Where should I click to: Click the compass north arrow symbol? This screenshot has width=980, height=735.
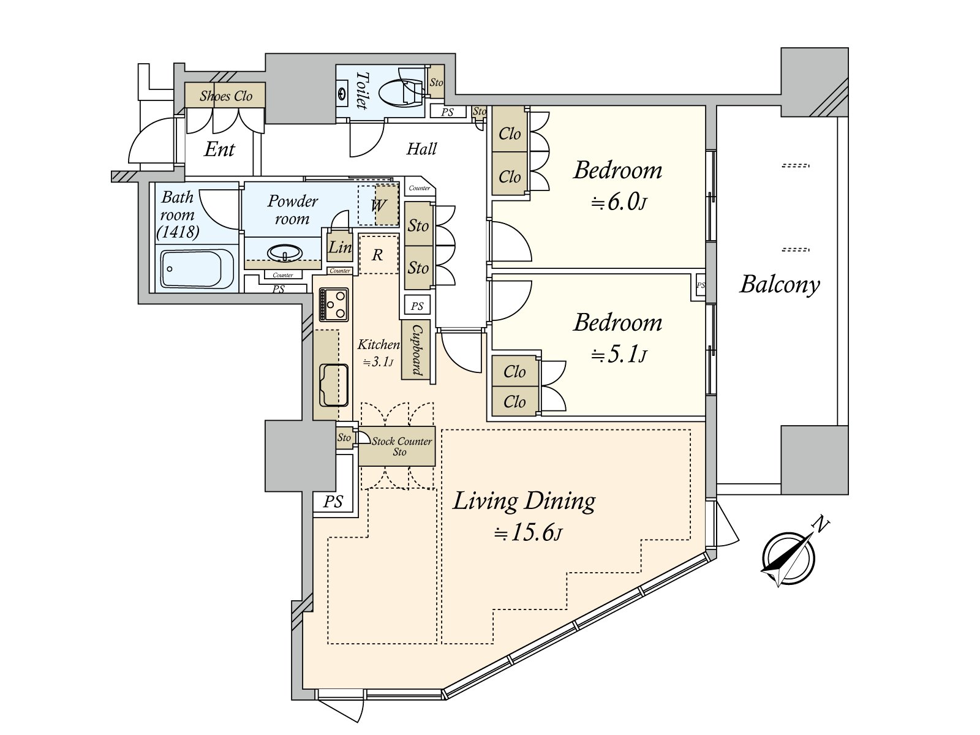pyautogui.click(x=789, y=557)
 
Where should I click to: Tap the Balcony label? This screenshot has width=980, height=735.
pyautogui.click(x=779, y=284)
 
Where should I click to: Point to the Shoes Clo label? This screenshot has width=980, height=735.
pyautogui.click(x=226, y=96)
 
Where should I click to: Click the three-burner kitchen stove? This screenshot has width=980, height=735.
pyautogui.click(x=334, y=304)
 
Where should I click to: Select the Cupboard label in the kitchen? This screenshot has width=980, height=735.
pyautogui.click(x=417, y=350)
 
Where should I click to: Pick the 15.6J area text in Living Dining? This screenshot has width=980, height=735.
pyautogui.click(x=529, y=533)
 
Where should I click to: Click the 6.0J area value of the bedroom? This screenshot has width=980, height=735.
pyautogui.click(x=619, y=202)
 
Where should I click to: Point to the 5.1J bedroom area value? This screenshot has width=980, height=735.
pyautogui.click(x=619, y=355)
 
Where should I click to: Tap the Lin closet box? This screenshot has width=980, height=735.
pyautogui.click(x=339, y=247)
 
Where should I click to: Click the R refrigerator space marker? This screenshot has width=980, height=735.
pyautogui.click(x=377, y=255)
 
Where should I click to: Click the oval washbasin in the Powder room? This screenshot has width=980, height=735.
pyautogui.click(x=284, y=253)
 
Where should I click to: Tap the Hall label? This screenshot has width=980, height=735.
pyautogui.click(x=421, y=149)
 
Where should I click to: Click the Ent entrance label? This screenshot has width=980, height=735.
pyautogui.click(x=219, y=149)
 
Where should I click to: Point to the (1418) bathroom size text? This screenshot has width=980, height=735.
pyautogui.click(x=178, y=232)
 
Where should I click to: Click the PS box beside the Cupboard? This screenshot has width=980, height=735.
pyautogui.click(x=417, y=306)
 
